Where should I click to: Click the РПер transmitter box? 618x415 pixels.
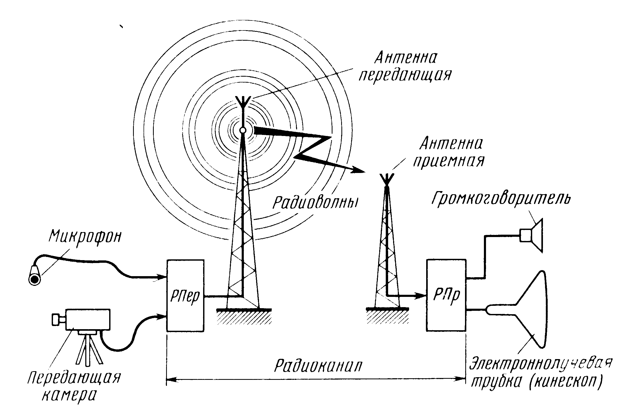pos(185,295)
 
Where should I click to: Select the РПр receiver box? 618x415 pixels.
pos(446,295)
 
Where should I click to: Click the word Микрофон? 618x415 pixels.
pos(85,237)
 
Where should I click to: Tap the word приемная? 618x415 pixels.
pos(448,161)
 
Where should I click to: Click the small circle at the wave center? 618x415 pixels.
pos(242,130)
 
